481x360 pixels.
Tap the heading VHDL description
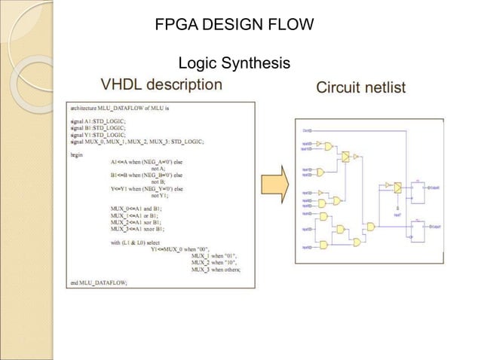tap(161, 84)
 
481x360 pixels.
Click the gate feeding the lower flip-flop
tap(370, 226)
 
